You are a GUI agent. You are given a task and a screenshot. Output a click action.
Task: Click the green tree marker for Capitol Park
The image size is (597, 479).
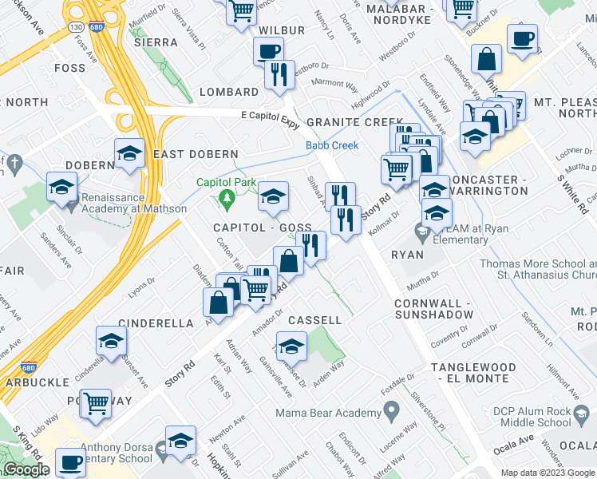coord(227,198)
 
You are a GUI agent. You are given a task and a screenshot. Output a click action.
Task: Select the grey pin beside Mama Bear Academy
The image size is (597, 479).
coord(391,413)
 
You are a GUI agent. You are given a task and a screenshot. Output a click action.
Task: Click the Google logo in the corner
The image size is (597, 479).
coord(26,470)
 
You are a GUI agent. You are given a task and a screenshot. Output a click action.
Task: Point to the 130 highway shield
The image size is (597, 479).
coord(76,28)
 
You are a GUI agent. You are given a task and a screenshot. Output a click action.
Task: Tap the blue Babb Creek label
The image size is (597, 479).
coord(332,145)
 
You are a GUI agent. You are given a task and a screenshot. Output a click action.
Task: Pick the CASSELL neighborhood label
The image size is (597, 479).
coord(314,320)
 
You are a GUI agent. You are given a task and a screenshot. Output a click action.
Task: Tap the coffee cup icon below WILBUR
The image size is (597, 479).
coord(267,53)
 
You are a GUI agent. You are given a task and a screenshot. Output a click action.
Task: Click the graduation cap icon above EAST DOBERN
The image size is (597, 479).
coord(128,153)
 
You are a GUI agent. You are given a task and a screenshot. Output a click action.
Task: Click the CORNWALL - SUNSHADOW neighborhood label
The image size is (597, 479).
coord(433,310)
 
